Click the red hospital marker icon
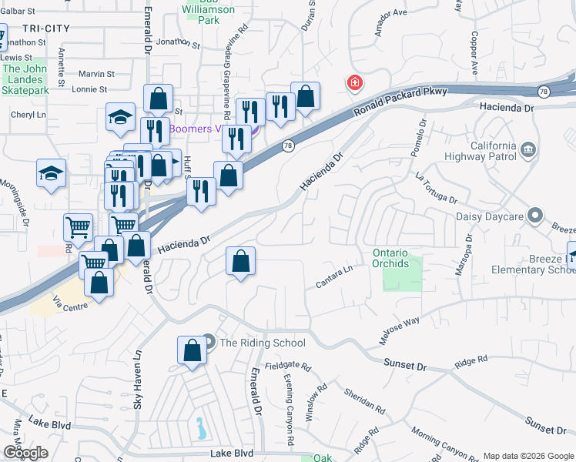(x=355, y=82)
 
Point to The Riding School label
(x=263, y=343)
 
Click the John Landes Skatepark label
(x=26, y=79)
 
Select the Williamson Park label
(x=209, y=15)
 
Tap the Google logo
(x=26, y=453)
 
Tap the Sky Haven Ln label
(x=139, y=380)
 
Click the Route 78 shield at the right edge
(x=544, y=92)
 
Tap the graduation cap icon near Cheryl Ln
(x=121, y=117)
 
